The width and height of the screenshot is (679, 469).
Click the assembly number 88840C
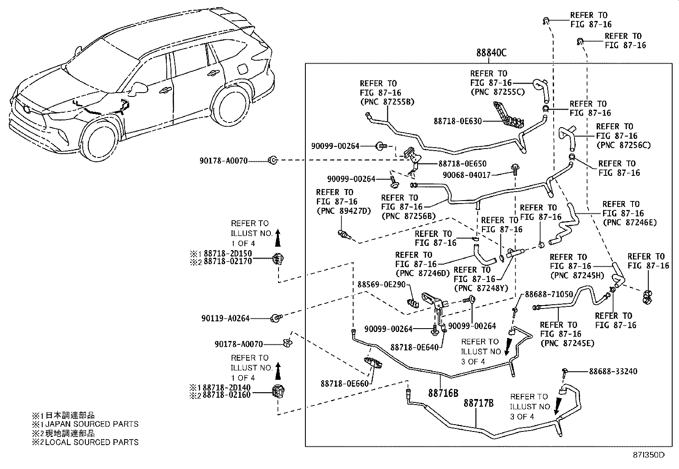pos(491,53)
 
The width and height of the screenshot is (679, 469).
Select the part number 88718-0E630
pos(458,121)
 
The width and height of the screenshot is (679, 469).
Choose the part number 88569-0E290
pos(381,284)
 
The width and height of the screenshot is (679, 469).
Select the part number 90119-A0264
pos(225,318)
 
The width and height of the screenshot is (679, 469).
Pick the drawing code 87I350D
pos(648,455)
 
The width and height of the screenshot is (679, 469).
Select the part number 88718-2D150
pos(227,253)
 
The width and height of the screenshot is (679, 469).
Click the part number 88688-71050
pos(548,294)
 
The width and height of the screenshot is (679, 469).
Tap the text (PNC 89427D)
pos(343,211)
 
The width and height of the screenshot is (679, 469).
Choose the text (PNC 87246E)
pos(629,222)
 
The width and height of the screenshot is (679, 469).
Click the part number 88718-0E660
pos(344,384)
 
